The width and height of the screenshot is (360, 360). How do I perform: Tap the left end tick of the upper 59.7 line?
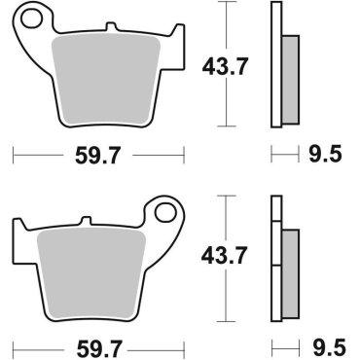coord(15,154)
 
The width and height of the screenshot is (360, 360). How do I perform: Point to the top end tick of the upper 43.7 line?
coord(226,6)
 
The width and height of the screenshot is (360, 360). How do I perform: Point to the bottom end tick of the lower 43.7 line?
coord(226,320)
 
